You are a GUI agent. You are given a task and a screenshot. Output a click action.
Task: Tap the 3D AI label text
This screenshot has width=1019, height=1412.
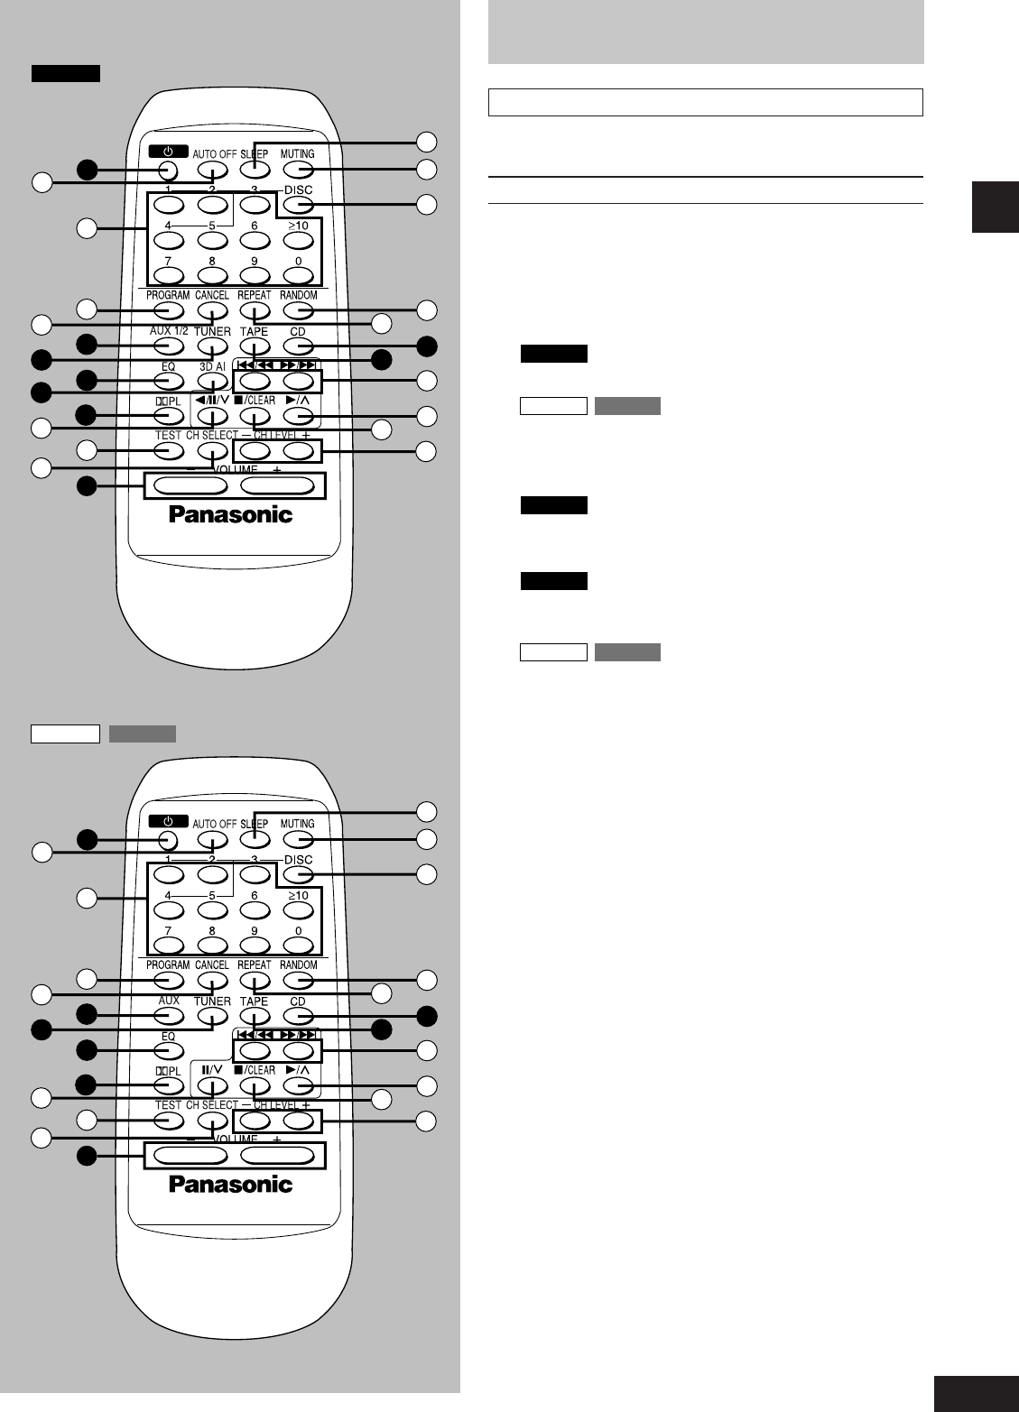(212, 367)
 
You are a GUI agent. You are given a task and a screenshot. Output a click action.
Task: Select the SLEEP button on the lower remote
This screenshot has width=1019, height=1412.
(255, 840)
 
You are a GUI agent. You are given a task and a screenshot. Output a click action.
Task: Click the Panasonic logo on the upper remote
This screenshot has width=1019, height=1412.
(231, 514)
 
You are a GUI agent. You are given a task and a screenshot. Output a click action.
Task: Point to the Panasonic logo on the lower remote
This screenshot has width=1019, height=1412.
(231, 1184)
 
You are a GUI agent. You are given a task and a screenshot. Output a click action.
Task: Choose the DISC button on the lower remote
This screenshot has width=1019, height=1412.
(299, 875)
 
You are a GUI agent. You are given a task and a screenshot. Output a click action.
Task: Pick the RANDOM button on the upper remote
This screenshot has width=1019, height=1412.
(299, 311)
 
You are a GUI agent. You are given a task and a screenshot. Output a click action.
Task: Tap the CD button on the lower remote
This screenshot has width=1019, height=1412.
(299, 1017)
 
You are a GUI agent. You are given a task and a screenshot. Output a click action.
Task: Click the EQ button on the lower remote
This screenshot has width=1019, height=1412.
(169, 1051)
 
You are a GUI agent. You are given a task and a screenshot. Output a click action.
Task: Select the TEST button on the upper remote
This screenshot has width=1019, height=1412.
(169, 451)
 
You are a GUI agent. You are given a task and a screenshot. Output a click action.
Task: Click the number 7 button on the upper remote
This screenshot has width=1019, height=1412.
(169, 275)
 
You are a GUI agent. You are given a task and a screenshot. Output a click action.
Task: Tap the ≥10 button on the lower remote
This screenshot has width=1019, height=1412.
(299, 910)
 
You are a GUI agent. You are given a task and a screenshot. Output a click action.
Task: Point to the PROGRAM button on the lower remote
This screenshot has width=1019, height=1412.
(169, 981)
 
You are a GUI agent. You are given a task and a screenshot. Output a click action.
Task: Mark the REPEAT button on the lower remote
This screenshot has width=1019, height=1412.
(255, 981)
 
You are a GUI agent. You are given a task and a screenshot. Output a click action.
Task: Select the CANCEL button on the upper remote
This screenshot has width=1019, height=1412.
(212, 311)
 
